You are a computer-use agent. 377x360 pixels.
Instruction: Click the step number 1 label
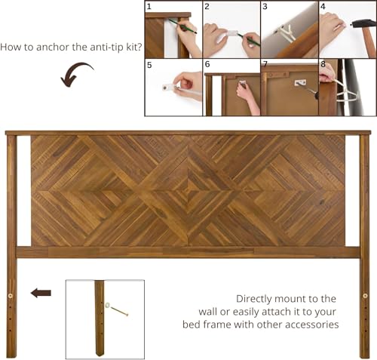pyautogui.click(x=149, y=7)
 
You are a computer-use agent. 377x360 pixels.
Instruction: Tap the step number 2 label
pyautogui.click(x=207, y=7)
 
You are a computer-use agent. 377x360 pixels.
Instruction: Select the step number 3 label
pyautogui.click(x=265, y=7)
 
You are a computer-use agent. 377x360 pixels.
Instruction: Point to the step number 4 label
pyautogui.click(x=323, y=7)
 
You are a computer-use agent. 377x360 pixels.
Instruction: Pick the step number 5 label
pyautogui.click(x=149, y=66)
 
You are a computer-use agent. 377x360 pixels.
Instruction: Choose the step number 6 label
pyautogui.click(x=207, y=66)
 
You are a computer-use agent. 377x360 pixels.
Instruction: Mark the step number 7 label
pyautogui.click(x=265, y=66)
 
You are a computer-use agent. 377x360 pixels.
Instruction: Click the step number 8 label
pyautogui.click(x=323, y=66)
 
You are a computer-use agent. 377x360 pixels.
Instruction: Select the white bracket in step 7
pyautogui.click(x=300, y=82)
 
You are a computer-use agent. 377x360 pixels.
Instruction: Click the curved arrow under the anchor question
pyautogui.click(x=75, y=74)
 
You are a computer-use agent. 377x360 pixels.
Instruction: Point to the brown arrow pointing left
pyautogui.click(x=41, y=293)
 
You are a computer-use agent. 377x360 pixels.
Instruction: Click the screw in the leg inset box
pyautogui.click(x=118, y=309)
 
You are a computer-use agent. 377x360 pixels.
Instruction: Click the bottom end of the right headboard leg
pyautogui.click(x=365, y=354)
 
